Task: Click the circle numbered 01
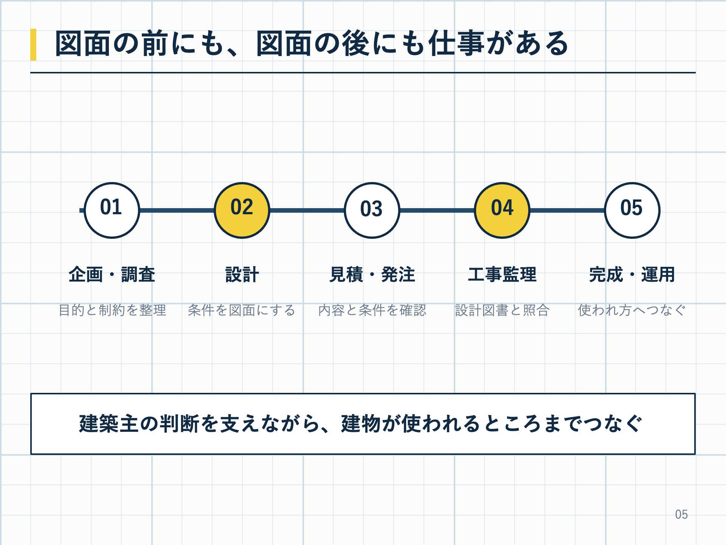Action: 112,210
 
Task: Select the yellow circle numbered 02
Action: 242,210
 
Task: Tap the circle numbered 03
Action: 372,210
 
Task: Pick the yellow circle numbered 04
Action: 502,210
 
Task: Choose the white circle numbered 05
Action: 632,210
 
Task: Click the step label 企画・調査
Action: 112,274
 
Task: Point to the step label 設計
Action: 242,274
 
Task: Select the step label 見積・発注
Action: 372,274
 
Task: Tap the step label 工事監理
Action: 502,274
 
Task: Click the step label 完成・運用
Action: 632,274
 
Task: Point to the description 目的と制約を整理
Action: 112,310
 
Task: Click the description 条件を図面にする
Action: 242,310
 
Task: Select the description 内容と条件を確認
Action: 372,310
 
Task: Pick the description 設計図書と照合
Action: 502,310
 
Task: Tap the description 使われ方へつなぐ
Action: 632,310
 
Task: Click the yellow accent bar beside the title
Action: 33,45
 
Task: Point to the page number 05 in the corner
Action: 681,514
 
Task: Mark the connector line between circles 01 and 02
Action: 177,210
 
